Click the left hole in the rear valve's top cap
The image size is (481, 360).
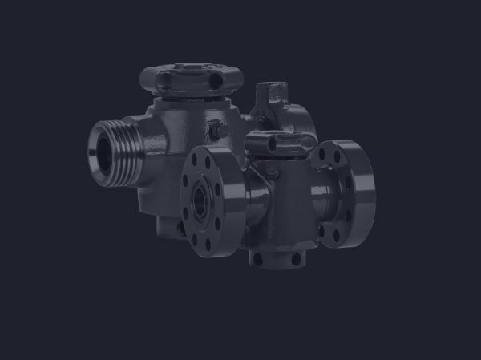click(x=165, y=79)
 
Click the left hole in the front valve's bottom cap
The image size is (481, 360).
click(x=259, y=258)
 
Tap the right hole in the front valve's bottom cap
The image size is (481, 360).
click(x=295, y=259)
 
